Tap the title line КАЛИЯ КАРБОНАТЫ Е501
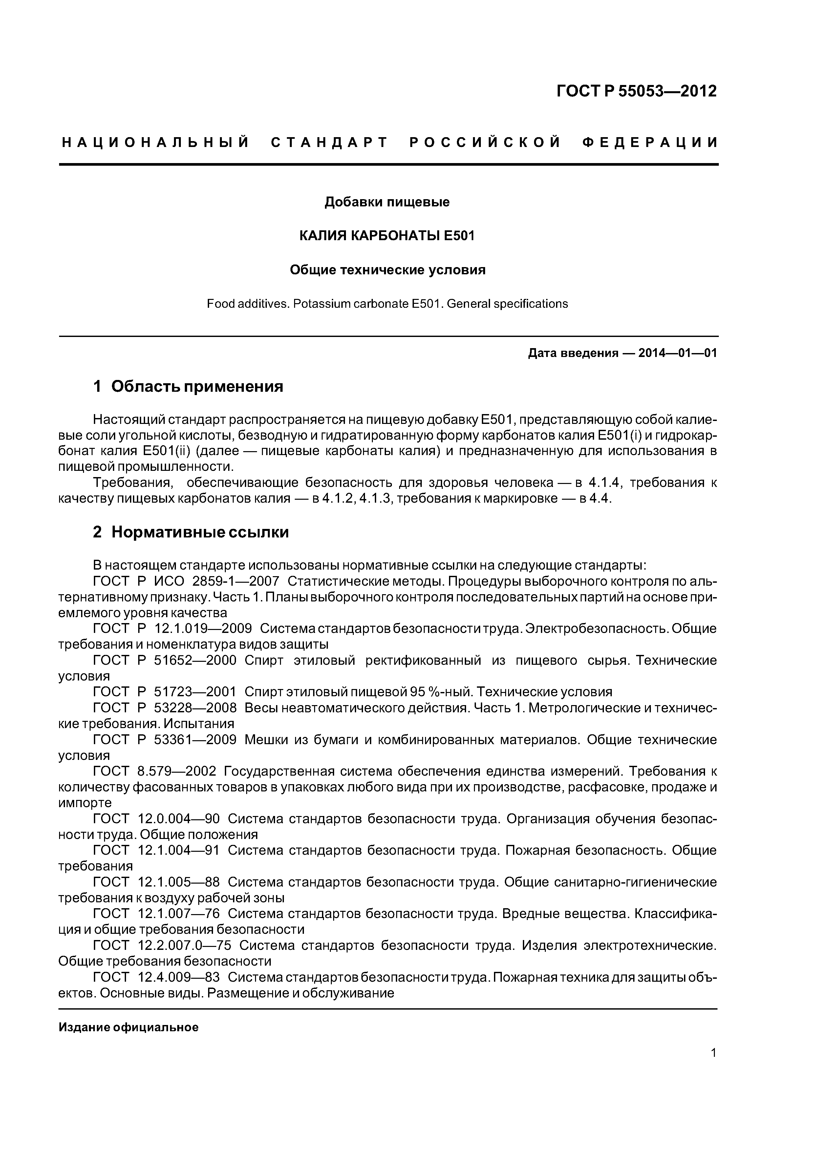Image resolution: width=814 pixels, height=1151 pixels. pyautogui.click(x=387, y=236)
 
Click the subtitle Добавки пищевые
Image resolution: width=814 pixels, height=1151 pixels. pyautogui.click(x=387, y=202)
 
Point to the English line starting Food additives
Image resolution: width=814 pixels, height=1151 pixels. pyautogui.click(x=387, y=304)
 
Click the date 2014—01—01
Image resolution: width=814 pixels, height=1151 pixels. pyautogui.click(x=677, y=353)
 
